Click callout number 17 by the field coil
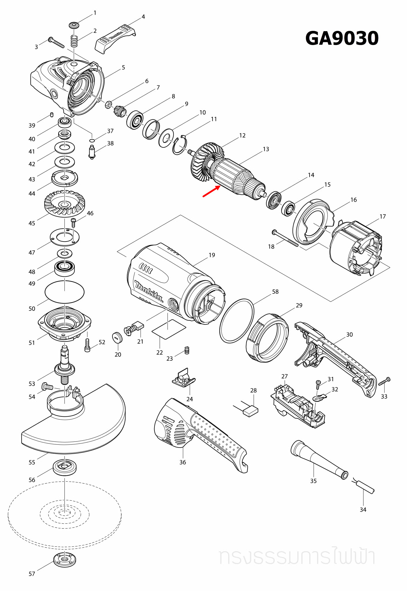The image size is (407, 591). click(382, 216)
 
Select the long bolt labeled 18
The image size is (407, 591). click(285, 238)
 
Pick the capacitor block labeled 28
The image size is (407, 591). click(251, 411)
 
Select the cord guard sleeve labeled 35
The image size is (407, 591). click(317, 459)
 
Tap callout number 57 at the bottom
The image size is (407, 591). click(32, 574)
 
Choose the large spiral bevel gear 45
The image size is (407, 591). click(65, 203)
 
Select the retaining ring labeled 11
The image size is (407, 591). click(180, 145)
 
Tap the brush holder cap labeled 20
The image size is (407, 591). click(117, 338)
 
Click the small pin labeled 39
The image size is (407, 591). click(52, 115)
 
